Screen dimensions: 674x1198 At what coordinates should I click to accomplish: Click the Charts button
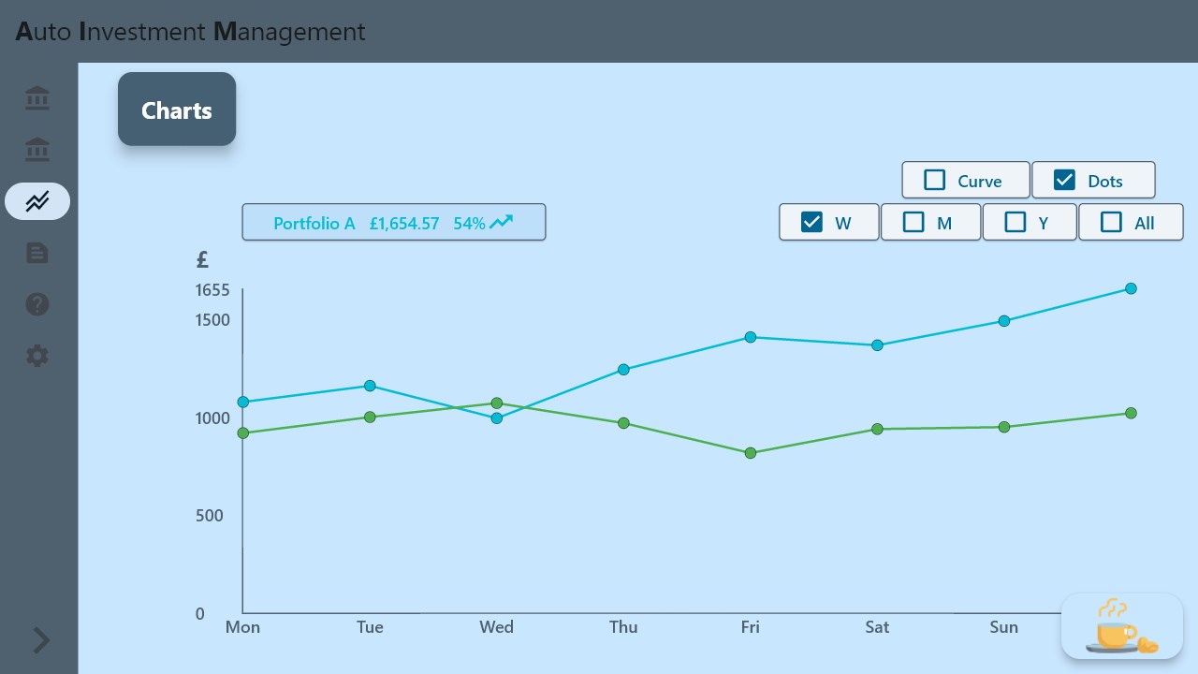click(x=177, y=110)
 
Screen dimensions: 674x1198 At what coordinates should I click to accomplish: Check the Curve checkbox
click(x=935, y=180)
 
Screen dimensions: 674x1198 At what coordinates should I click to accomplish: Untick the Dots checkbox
click(x=1064, y=180)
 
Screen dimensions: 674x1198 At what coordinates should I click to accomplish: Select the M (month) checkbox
click(x=913, y=222)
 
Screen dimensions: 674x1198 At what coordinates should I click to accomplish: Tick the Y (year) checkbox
click(x=1015, y=222)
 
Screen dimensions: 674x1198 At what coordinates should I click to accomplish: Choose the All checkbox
click(x=1111, y=222)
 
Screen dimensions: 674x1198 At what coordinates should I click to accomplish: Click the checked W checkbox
click(x=812, y=222)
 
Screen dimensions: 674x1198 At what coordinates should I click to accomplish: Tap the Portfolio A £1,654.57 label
click(x=393, y=223)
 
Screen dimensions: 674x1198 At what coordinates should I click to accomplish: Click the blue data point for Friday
click(x=751, y=337)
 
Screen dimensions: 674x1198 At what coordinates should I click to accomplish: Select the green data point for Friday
click(x=751, y=453)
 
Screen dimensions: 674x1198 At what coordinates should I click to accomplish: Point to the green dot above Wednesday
click(x=497, y=403)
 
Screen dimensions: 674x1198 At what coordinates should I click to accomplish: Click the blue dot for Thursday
click(x=624, y=370)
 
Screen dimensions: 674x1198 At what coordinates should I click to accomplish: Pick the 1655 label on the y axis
click(x=212, y=290)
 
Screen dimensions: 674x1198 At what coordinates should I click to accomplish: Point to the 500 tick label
click(x=209, y=516)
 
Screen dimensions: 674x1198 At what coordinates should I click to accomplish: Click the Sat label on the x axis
click(x=877, y=627)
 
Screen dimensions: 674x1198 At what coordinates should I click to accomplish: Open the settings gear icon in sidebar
click(x=37, y=356)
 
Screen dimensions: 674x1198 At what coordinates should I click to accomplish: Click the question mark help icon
click(x=37, y=304)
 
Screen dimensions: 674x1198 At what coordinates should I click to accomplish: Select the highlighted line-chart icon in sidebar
click(x=37, y=201)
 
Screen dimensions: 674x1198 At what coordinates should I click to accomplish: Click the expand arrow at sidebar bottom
click(x=41, y=640)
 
